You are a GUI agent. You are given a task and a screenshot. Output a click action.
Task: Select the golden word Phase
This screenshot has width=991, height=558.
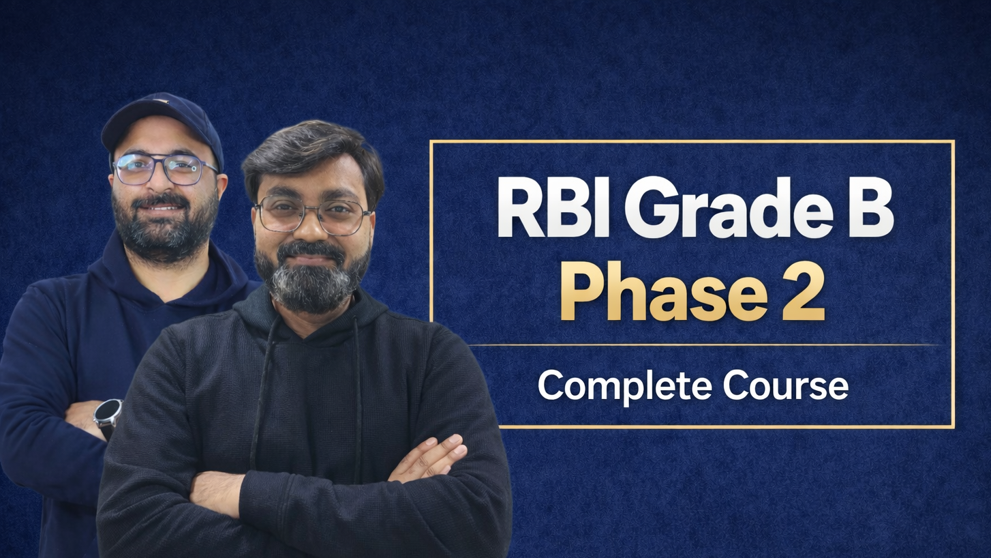(x=665, y=291)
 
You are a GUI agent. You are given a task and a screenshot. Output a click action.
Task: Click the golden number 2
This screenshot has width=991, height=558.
(x=804, y=292)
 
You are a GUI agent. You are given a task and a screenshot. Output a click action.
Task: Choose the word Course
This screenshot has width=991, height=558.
(x=786, y=386)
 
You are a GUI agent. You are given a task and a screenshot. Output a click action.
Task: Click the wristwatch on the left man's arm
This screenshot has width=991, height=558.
(x=108, y=415)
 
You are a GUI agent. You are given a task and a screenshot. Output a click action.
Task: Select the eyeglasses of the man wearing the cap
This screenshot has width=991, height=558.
(x=166, y=169)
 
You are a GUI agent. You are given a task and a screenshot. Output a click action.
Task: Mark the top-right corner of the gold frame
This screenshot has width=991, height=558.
(x=954, y=142)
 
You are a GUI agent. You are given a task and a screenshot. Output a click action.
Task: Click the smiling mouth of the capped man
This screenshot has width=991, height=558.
(x=163, y=207)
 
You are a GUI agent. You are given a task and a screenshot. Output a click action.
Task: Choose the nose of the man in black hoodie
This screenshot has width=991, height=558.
(x=312, y=231)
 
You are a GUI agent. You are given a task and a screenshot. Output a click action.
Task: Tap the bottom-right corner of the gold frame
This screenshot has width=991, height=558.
(x=954, y=427)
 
